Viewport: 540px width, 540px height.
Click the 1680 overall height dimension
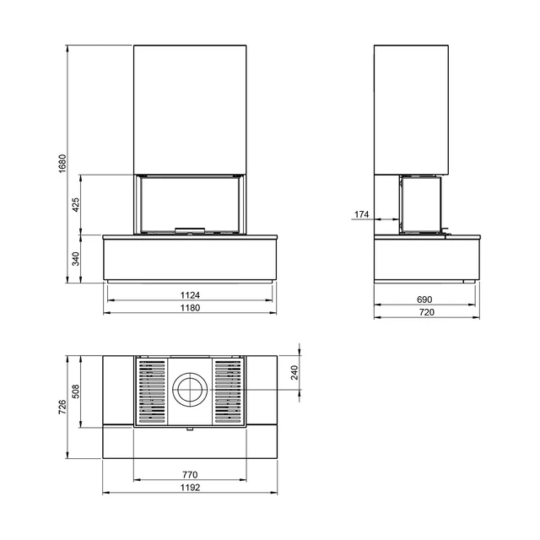click(62, 164)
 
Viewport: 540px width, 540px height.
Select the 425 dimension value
click(76, 204)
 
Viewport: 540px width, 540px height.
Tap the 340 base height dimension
click(76, 259)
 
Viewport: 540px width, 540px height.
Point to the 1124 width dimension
click(190, 295)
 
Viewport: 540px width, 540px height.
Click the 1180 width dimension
click(190, 307)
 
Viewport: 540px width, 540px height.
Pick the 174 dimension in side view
click(362, 214)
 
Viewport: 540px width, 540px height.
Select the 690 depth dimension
click(424, 300)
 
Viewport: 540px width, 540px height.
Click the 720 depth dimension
click(427, 312)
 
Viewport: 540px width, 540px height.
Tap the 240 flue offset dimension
click(294, 373)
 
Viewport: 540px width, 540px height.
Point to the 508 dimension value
click(76, 391)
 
